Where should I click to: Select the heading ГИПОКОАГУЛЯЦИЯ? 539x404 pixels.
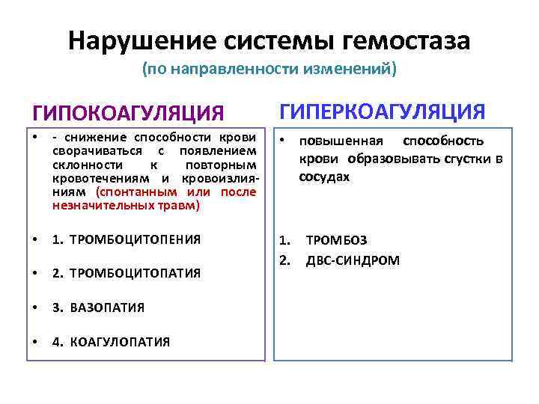pyautogui.click(x=127, y=113)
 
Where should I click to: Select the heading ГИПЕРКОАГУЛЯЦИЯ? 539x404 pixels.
pyautogui.click(x=383, y=111)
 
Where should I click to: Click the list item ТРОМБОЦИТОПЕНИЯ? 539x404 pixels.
pyautogui.click(x=135, y=240)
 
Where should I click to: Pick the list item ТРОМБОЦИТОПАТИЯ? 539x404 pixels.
pyautogui.click(x=135, y=274)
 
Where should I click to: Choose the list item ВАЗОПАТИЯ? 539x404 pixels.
pyautogui.click(x=107, y=307)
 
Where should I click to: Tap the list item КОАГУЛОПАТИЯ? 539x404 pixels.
pyautogui.click(x=120, y=342)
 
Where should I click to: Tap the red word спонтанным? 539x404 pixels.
pyautogui.click(x=135, y=192)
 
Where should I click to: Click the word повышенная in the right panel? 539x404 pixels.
pyautogui.click(x=341, y=141)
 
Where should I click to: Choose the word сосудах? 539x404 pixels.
pyautogui.click(x=324, y=177)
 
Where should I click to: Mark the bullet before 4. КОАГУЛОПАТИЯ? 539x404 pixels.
pyautogui.click(x=36, y=342)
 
